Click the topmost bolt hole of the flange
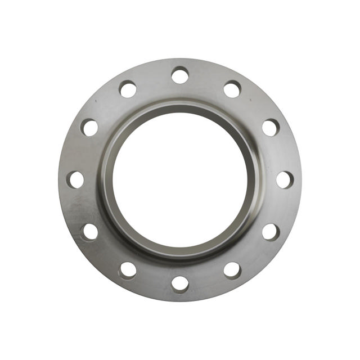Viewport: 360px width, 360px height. point(180,75)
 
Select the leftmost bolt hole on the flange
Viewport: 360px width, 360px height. point(75,179)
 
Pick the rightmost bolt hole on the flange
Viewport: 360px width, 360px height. point(285,179)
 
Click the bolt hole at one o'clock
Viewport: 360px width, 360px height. point(232,89)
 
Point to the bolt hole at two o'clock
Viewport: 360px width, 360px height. point(271,127)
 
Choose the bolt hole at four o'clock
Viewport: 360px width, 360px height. point(271,232)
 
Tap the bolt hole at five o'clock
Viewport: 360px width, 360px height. point(232,270)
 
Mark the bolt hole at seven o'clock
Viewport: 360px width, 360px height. point(128,270)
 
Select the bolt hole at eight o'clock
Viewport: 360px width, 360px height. point(89,232)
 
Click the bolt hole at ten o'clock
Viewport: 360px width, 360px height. point(89,127)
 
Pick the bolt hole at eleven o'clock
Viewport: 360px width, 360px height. point(128,89)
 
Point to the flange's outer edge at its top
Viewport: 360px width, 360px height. point(180,58)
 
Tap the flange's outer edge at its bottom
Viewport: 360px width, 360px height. point(180,301)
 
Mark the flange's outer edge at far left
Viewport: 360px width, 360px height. point(58,179)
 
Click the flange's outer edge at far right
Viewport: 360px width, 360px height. point(301,179)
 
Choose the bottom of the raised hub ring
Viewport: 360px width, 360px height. point(180,255)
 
